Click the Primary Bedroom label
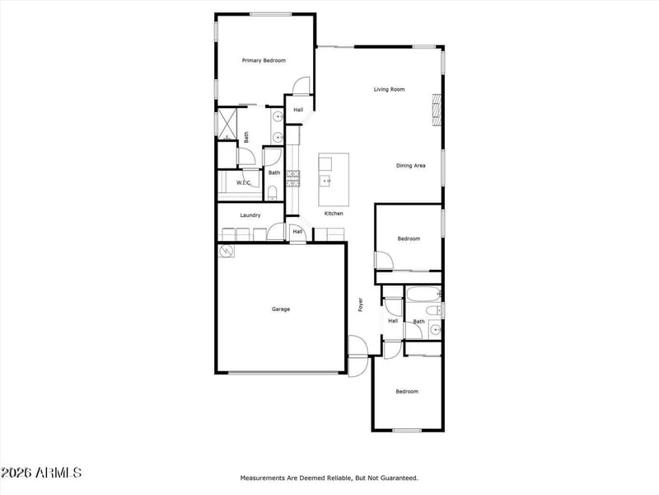264,60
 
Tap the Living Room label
389,89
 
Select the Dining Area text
410,166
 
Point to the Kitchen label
334,214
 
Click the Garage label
281,309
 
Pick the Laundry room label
250,215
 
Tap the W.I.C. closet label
244,182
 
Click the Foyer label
360,304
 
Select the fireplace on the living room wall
437,110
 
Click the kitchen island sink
325,181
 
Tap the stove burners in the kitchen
293,178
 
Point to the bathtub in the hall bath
423,295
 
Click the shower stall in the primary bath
227,125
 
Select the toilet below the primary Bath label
273,193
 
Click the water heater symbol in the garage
227,252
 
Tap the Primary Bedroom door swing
301,86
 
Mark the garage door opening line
283,373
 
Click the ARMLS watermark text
40,473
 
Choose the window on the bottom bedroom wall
407,431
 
